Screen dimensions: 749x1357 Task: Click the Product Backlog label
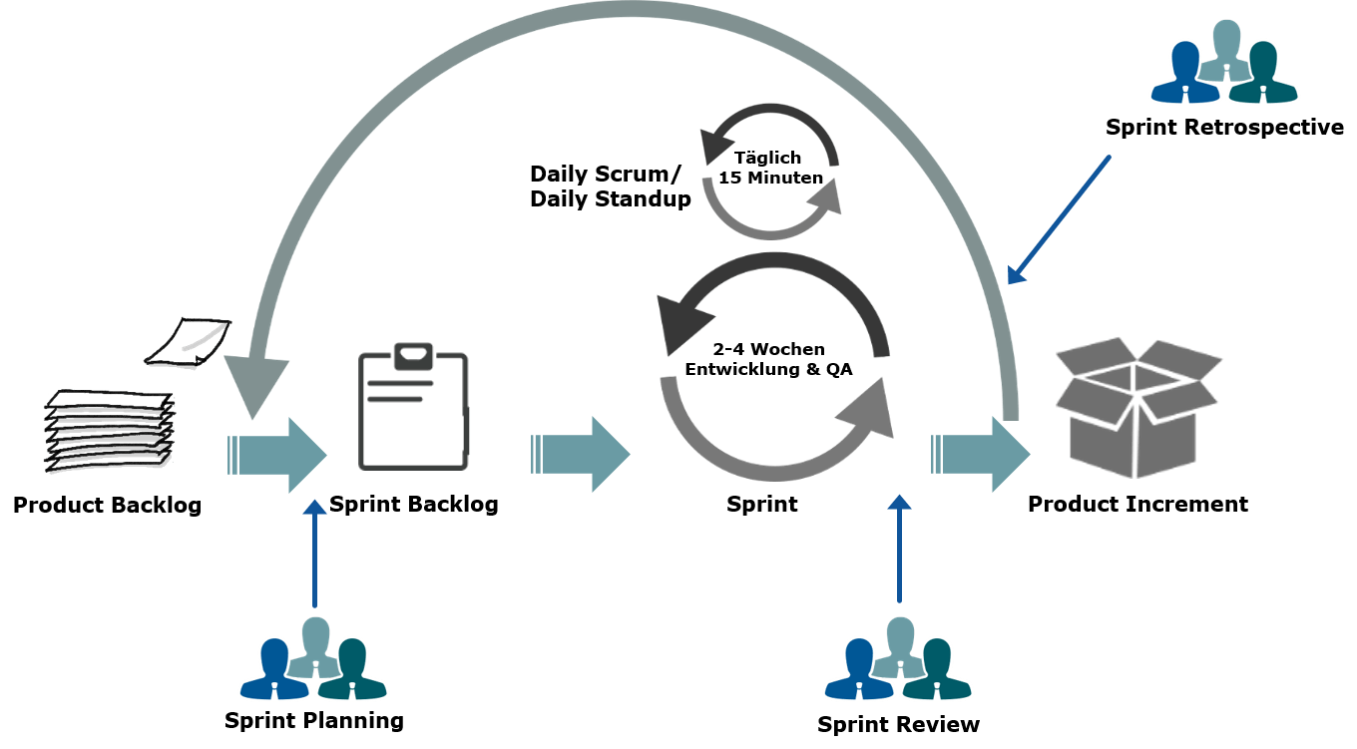coord(107,505)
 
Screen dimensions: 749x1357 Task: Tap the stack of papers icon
coord(110,430)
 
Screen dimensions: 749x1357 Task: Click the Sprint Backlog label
coord(413,504)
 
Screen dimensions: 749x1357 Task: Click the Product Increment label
coord(1137,504)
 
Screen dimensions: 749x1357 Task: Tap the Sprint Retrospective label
coord(1224,128)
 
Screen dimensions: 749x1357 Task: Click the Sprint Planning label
coord(314,720)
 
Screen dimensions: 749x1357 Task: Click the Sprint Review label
coord(898,724)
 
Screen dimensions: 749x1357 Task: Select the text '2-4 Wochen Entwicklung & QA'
coord(768,359)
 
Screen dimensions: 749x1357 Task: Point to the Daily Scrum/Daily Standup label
coord(610,187)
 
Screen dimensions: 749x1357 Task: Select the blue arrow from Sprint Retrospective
coord(1059,219)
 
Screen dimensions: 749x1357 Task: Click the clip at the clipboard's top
coord(413,355)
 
